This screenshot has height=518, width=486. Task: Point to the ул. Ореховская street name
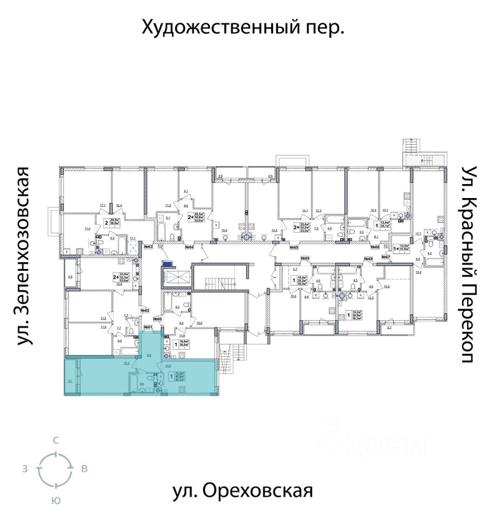click(243, 491)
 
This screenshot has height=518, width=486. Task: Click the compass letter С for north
click(55, 441)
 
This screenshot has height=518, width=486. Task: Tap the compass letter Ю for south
click(55, 500)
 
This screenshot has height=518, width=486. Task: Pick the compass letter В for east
click(84, 469)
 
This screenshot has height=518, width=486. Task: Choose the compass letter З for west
click(25, 469)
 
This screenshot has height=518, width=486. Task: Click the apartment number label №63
click(148, 247)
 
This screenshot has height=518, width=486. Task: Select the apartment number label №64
click(189, 247)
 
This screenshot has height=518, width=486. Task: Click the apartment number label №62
click(145, 310)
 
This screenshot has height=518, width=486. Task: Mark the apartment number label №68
click(368, 260)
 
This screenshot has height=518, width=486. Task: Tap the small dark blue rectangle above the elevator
click(170, 264)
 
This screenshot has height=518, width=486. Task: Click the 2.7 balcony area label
click(390, 328)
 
